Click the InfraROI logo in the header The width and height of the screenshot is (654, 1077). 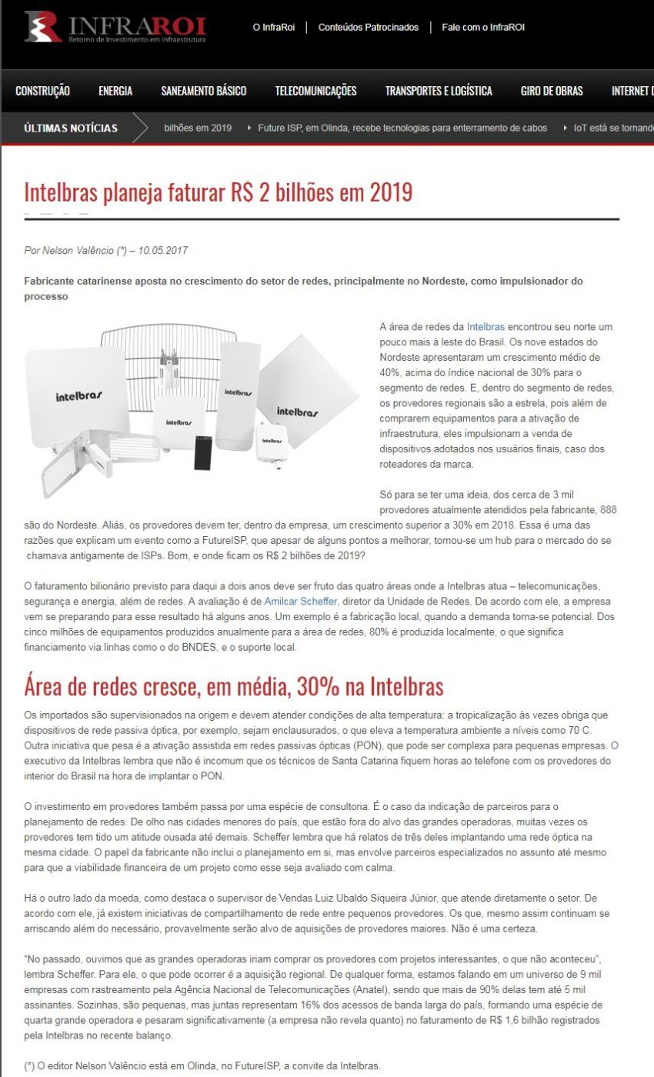tap(115, 27)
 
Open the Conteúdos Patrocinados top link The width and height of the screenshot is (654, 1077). tap(368, 28)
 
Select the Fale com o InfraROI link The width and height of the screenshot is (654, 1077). tap(483, 28)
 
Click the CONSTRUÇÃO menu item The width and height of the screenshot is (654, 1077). tap(42, 91)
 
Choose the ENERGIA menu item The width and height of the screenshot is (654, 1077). tap(115, 91)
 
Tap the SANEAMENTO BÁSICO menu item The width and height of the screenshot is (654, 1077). tap(204, 91)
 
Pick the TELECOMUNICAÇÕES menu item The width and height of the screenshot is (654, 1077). tap(315, 91)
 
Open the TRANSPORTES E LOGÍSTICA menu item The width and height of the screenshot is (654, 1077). tap(439, 91)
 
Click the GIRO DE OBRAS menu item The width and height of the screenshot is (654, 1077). tap(552, 91)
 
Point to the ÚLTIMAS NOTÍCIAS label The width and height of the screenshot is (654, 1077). tap(71, 128)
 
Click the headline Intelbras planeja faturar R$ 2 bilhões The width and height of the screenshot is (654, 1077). tap(219, 192)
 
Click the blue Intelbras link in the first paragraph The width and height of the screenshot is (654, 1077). tap(485, 327)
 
